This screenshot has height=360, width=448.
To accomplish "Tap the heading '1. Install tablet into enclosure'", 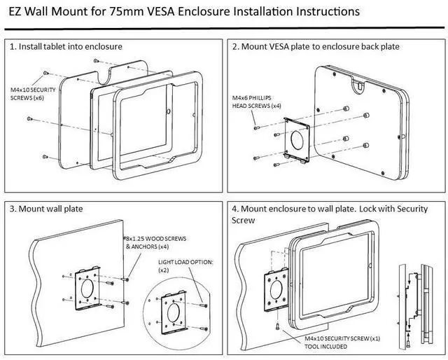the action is tap(66, 46).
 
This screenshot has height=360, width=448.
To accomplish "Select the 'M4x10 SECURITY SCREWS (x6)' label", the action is tap(33, 94).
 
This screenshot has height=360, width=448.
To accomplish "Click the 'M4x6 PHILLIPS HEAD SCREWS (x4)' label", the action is tap(257, 102).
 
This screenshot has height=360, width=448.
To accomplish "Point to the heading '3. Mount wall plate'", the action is tap(46, 209).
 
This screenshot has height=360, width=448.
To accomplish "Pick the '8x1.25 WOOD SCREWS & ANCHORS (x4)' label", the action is tap(155, 242).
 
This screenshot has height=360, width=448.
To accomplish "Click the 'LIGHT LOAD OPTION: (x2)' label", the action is tap(185, 266).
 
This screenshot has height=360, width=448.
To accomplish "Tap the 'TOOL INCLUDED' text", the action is tap(325, 347).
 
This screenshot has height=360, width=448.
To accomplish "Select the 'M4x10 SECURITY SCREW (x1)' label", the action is tap(342, 338).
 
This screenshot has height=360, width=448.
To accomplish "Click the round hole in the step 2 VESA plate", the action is tap(297, 140).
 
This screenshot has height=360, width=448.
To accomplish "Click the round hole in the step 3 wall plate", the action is tap(87, 289).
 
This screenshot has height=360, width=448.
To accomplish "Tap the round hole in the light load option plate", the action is tap(173, 312).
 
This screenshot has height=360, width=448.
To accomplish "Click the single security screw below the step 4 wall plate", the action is tap(278, 326).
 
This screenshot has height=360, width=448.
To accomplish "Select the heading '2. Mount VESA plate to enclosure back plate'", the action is tap(316, 46).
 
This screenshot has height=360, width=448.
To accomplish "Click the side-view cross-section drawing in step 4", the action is tap(416, 306).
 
